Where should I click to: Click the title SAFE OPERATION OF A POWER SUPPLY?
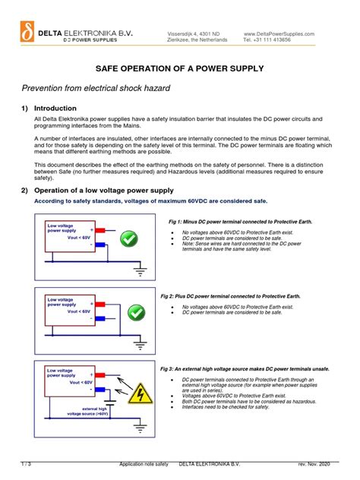click(x=179, y=68)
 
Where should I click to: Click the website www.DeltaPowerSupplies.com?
click(x=278, y=34)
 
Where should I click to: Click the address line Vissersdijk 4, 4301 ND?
click(x=193, y=34)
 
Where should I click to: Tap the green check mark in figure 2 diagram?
click(x=135, y=312)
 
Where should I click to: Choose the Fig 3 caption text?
click(x=245, y=368)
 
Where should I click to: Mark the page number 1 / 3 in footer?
click(x=26, y=463)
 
